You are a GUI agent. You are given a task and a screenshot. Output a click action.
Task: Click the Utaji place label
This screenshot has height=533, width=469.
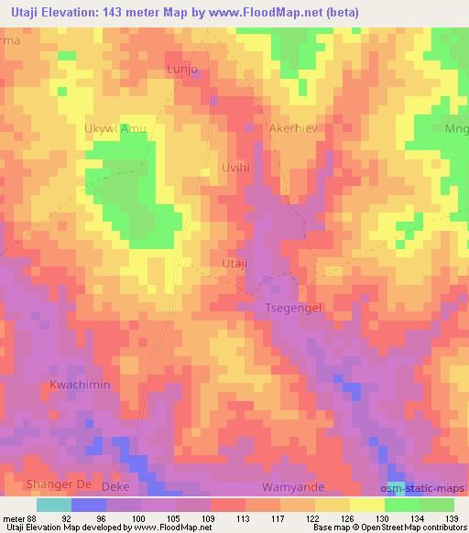tap(235, 264)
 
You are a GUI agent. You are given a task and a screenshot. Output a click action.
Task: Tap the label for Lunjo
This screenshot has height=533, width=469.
tap(182, 70)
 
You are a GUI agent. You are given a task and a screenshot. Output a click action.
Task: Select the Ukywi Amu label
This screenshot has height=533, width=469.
tap(115, 129)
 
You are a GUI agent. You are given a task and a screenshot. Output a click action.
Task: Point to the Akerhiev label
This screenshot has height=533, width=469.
tap(293, 129)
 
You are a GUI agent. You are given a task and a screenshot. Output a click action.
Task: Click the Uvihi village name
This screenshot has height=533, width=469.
tap(236, 169)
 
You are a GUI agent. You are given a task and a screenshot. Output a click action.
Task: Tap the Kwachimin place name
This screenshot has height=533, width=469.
tap(80, 385)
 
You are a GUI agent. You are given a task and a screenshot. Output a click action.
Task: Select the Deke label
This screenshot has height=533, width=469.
tap(115, 487)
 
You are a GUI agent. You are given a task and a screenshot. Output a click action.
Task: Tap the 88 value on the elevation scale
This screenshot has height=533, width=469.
tap(33, 517)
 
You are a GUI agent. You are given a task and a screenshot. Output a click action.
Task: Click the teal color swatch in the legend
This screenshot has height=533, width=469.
tap(53, 505)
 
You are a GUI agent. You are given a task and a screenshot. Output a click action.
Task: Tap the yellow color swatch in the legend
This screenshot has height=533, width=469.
tap(367, 505)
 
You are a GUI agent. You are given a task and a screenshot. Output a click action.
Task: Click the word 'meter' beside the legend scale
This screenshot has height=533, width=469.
tap(13, 517)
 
